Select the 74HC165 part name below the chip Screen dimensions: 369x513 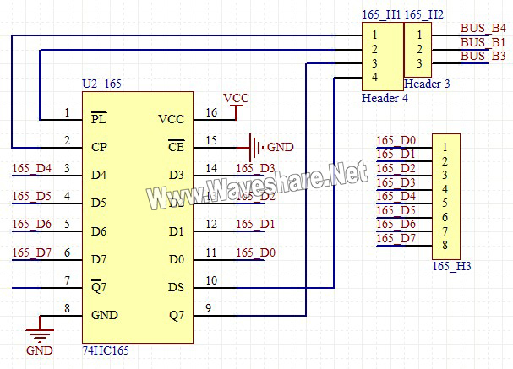(106, 349)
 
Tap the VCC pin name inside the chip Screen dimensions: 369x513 (170, 120)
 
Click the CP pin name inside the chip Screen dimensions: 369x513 (99, 147)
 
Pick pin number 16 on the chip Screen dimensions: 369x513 (211, 112)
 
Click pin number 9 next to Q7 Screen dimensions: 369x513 (209, 308)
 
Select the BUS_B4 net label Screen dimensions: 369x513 (483, 28)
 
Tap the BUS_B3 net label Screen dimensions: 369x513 (483, 56)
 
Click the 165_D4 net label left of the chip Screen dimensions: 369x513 (32, 168)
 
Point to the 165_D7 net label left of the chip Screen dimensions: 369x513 (32, 252)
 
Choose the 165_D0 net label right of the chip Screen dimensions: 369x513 (255, 252)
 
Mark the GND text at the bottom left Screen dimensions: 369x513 (40, 350)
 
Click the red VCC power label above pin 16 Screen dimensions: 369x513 (236, 97)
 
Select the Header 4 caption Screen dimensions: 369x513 (384, 98)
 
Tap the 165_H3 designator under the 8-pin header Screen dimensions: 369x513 (451, 267)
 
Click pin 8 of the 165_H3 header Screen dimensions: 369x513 (443, 246)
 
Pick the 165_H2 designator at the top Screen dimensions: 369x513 (423, 14)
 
